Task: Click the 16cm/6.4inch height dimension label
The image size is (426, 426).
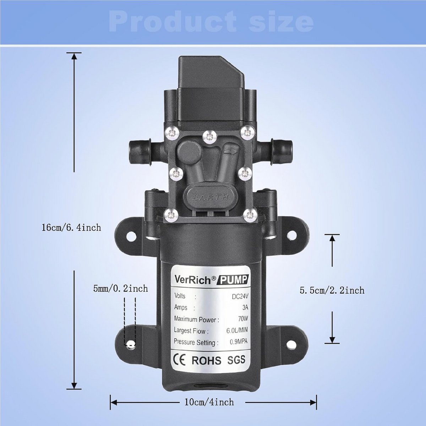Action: pyautogui.click(x=71, y=227)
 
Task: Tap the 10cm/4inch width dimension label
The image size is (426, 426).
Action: pyautogui.click(x=209, y=402)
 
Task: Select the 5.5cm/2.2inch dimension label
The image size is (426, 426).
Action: pyautogui.click(x=332, y=290)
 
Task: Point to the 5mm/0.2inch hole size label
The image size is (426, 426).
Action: pyautogui.click(x=120, y=288)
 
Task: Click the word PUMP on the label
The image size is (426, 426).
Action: pyautogui.click(x=234, y=280)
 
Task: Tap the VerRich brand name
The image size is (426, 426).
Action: pyautogui.click(x=192, y=280)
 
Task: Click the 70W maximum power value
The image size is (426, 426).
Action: pyautogui.click(x=243, y=319)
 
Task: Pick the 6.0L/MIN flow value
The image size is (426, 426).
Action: pyautogui.click(x=237, y=330)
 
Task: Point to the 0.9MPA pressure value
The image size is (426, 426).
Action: pyautogui.click(x=239, y=342)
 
